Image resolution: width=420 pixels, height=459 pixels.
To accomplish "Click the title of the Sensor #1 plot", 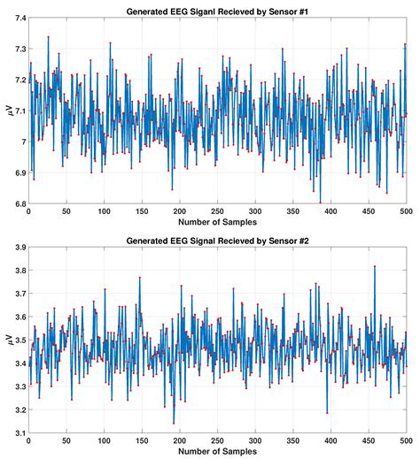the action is [217, 11].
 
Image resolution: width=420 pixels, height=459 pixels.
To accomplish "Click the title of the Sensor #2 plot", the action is [217, 241].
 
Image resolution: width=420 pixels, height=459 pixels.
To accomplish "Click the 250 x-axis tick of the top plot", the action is [217, 211].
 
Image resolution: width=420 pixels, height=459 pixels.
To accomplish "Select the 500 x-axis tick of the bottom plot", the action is [406, 440].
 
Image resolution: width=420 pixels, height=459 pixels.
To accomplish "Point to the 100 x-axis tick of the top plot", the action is [104, 211].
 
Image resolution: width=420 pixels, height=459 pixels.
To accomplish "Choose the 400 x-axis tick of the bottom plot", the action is [331, 440].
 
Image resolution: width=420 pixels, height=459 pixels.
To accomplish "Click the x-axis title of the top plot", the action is [217, 222].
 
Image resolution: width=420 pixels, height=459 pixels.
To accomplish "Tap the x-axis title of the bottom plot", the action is [217, 451].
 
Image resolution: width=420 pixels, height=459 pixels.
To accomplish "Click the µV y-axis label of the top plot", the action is [9, 111].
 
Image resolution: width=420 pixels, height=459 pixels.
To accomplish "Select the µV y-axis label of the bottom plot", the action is [9, 340].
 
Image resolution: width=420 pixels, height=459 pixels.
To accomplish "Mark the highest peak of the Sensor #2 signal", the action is [375, 266].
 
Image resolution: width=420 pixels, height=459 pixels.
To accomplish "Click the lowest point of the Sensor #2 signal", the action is [174, 424].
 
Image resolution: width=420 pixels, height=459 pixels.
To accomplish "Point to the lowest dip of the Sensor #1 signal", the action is [321, 203].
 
